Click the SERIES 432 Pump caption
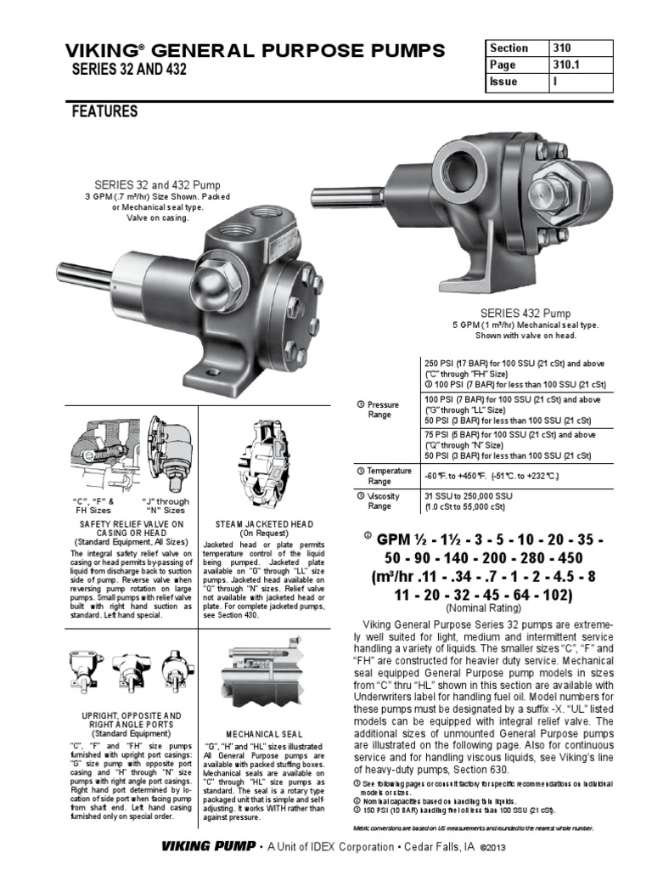pos(526,313)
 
